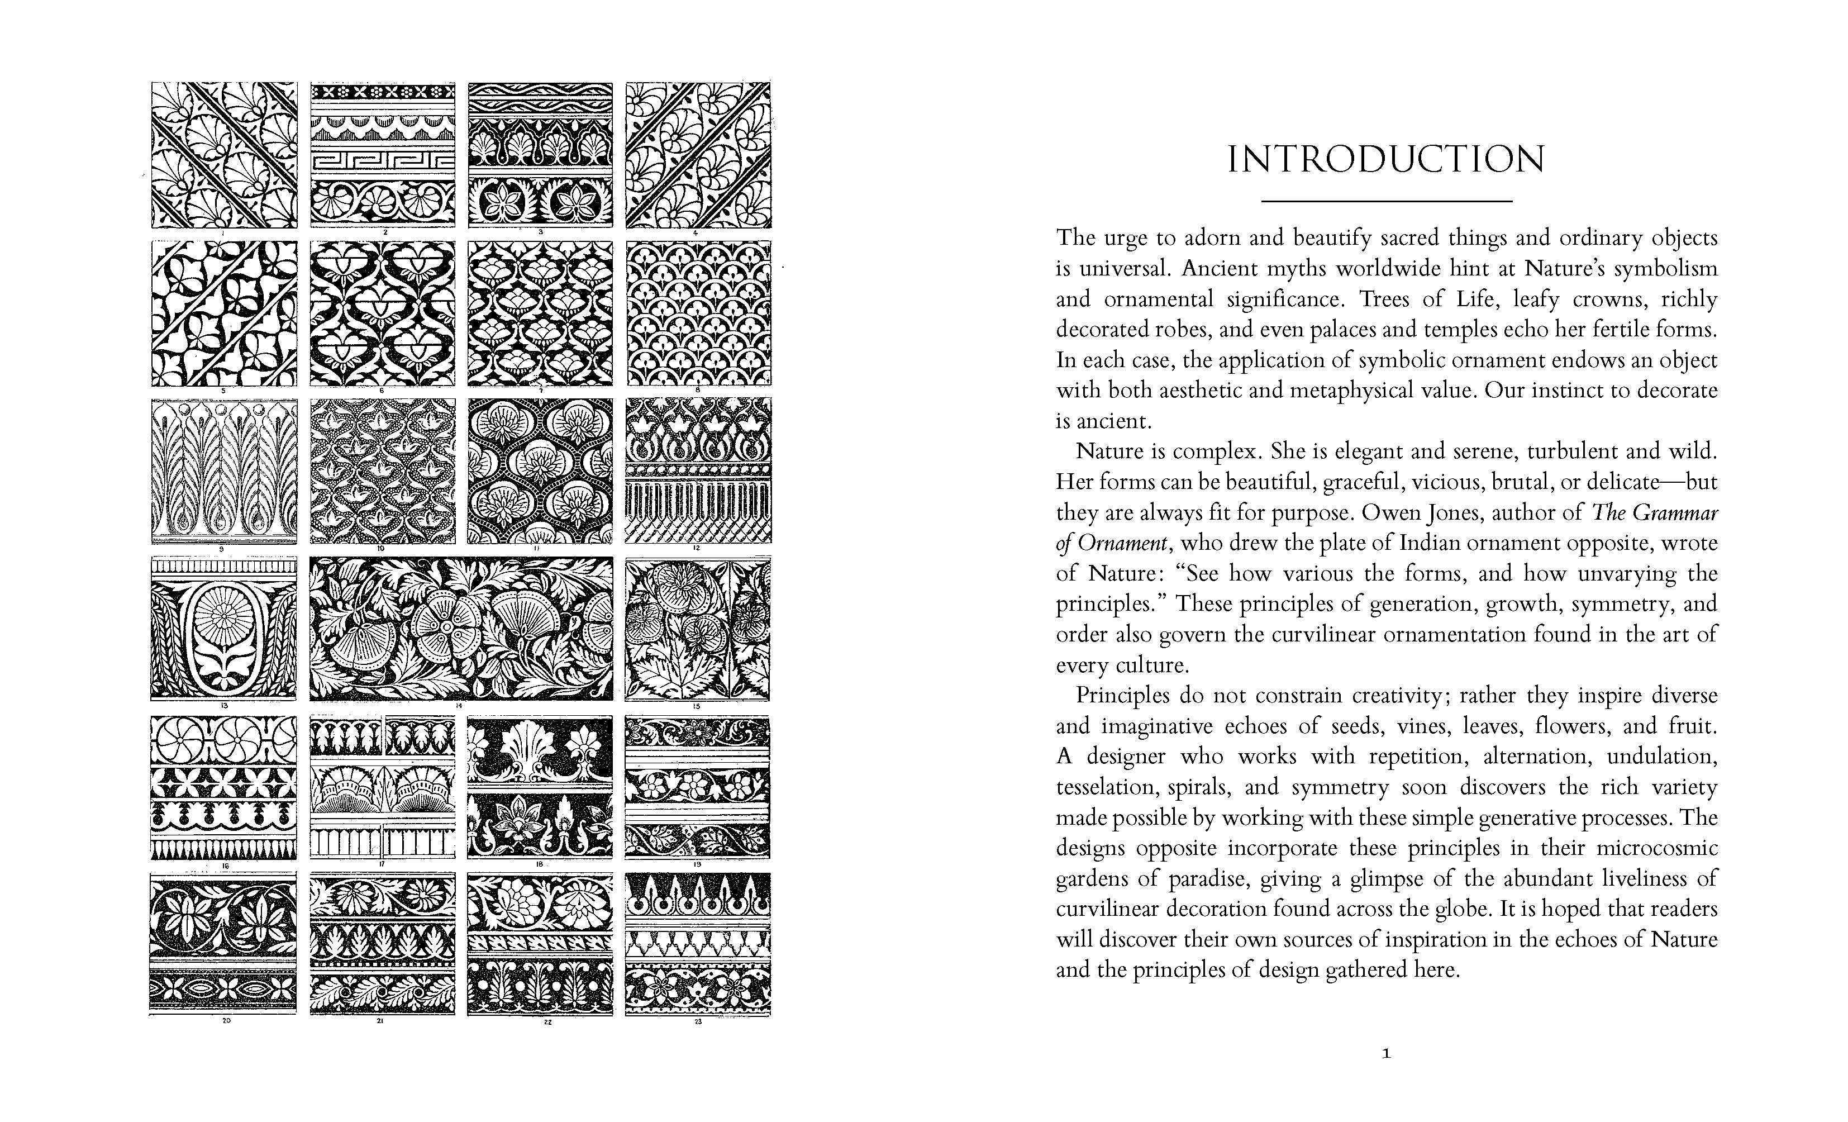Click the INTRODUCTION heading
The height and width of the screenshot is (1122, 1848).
[x=1385, y=160]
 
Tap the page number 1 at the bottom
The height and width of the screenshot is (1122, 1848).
[x=1386, y=1054]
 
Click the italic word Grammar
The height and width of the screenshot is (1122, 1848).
[x=1674, y=513]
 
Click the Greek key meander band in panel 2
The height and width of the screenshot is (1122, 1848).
[x=383, y=161]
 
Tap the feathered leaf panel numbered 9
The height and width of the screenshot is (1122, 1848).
[x=223, y=470]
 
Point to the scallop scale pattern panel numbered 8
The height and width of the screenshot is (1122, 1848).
[x=698, y=313]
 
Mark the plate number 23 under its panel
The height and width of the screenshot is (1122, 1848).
[x=698, y=1021]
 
